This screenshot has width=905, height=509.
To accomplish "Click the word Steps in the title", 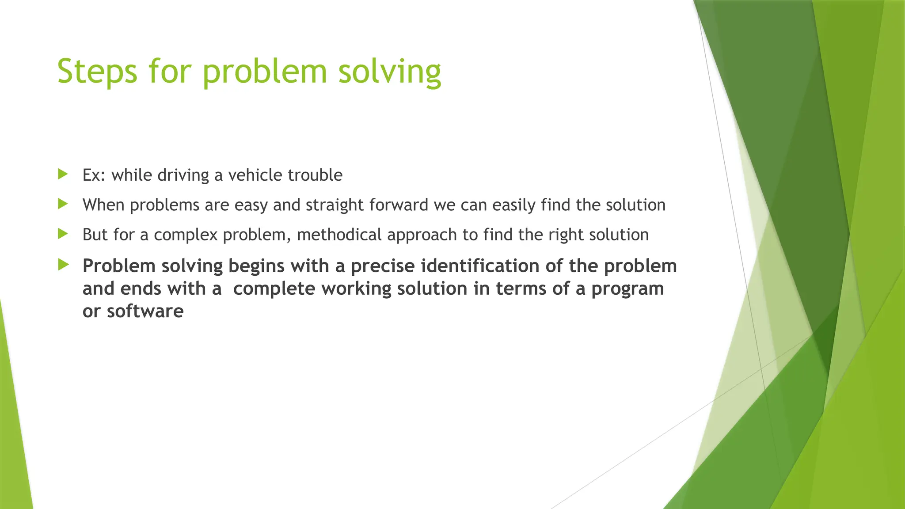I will [97, 72].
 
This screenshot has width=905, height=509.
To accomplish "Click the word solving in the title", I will [389, 72].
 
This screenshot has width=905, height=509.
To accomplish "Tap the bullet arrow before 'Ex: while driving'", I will [63, 174].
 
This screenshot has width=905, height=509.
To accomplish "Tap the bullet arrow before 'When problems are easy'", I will [63, 204].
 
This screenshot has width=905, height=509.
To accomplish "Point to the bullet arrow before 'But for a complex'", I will [63, 233].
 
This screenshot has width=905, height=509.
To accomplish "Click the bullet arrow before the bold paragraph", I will [63, 265].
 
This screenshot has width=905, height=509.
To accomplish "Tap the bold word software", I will [145, 311].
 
